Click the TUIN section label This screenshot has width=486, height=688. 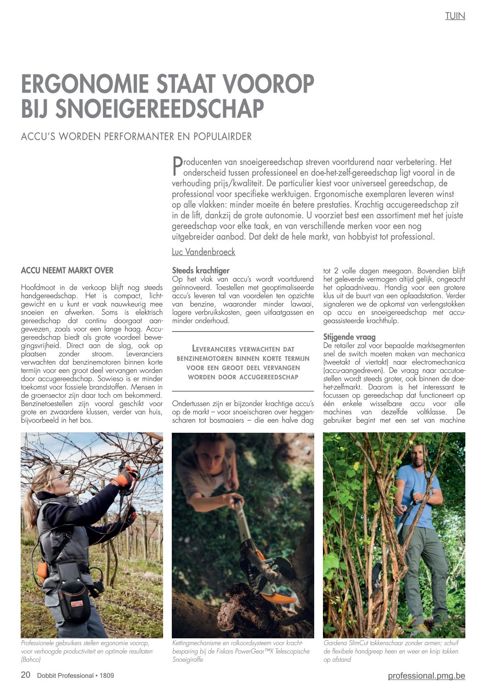pyautogui.click(x=455, y=16)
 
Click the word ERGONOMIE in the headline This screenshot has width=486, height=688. pyautogui.click(x=85, y=84)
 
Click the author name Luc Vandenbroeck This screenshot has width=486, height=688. pyautogui.click(x=203, y=252)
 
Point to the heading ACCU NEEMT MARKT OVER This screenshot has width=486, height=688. pyautogui.click(x=67, y=270)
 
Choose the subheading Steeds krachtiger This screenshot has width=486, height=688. pyautogui.click(x=201, y=270)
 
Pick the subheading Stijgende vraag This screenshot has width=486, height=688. pyautogui.click(x=349, y=337)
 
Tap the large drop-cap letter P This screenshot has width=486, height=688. pyautogui.click(x=177, y=166)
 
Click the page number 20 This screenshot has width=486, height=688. pyautogui.click(x=26, y=675)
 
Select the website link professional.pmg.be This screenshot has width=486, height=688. pyautogui.click(x=426, y=676)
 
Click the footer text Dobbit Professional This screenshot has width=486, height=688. pyautogui.click(x=65, y=676)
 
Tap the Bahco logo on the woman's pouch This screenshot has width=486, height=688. pyautogui.click(x=77, y=603)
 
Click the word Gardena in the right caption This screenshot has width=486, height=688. pyautogui.click(x=336, y=643)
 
